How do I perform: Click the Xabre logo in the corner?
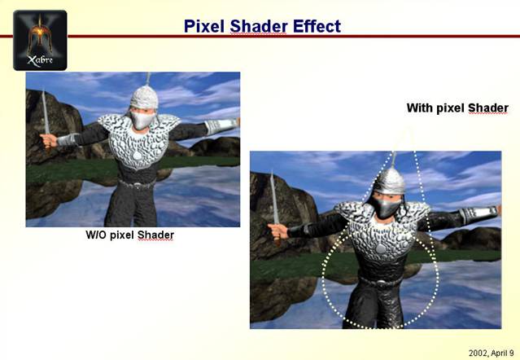[40, 40]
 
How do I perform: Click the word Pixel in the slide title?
[204, 26]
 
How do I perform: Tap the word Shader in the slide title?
[259, 26]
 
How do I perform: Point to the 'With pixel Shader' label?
[457, 108]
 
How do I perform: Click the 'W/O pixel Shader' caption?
[129, 235]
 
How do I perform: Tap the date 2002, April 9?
[492, 353]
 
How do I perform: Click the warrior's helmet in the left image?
[144, 96]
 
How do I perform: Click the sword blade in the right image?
[274, 198]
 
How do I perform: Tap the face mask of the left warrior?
[142, 120]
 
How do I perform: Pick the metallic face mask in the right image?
[387, 207]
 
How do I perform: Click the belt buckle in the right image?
[382, 283]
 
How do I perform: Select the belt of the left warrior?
[138, 184]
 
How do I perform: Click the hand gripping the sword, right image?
[277, 230]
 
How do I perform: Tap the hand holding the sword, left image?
[48, 140]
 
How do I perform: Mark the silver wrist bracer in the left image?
[221, 125]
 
